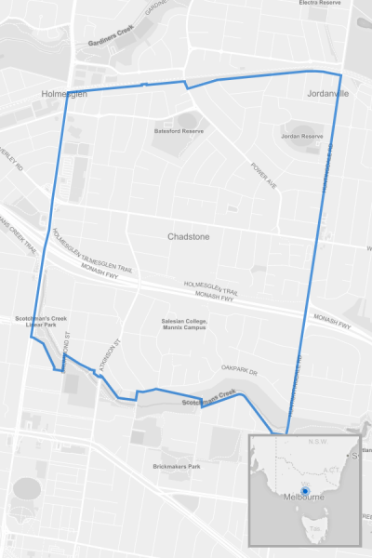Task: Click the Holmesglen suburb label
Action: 63,94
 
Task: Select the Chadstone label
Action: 188,237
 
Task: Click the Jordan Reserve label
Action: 301,137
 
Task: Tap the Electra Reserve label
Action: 321,3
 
